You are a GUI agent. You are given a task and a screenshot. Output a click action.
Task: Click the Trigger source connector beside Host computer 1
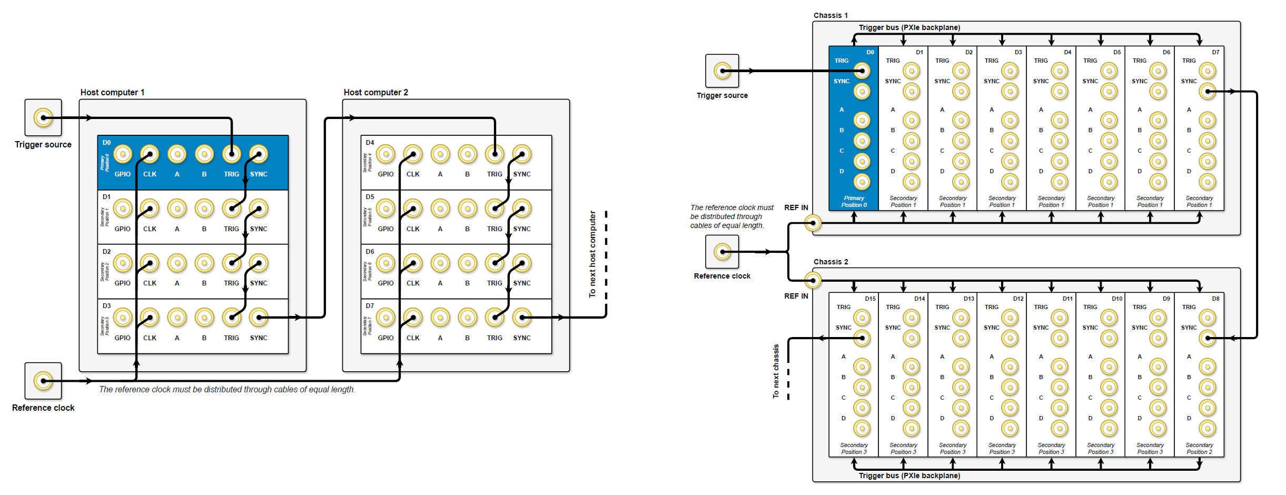(43, 117)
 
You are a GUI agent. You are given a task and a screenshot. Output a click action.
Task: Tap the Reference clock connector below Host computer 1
(43, 380)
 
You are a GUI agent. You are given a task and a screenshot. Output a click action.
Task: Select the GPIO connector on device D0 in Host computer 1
(123, 154)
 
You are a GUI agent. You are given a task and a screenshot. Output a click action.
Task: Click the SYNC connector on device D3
(259, 317)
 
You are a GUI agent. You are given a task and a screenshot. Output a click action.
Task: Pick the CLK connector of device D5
(413, 209)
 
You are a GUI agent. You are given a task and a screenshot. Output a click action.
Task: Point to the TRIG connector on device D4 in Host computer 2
(494, 154)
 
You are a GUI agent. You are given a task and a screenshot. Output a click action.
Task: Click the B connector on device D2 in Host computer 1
(204, 263)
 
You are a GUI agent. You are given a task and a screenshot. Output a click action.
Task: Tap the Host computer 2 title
(375, 92)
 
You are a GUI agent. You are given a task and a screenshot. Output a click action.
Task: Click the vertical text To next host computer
(592, 254)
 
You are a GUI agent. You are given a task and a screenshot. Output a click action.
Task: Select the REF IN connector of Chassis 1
(813, 223)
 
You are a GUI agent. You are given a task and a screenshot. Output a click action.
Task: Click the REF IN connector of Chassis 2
(813, 280)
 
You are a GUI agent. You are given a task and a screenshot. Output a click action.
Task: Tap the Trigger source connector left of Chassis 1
(722, 71)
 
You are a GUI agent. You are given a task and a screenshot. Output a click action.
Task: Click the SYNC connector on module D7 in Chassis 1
(1207, 91)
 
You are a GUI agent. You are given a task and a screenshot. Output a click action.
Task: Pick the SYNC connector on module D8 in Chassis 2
(1207, 338)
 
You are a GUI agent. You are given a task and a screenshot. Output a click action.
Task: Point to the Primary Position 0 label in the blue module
(854, 202)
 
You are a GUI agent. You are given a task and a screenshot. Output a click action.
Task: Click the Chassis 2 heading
(830, 262)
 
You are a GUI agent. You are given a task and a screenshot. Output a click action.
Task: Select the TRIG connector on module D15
(862, 318)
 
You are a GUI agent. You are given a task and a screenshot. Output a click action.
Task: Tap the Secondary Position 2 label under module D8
(1199, 448)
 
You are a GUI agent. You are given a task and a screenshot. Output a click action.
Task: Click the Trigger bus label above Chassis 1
(909, 27)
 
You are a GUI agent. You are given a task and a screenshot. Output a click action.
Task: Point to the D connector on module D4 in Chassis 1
(1059, 182)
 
